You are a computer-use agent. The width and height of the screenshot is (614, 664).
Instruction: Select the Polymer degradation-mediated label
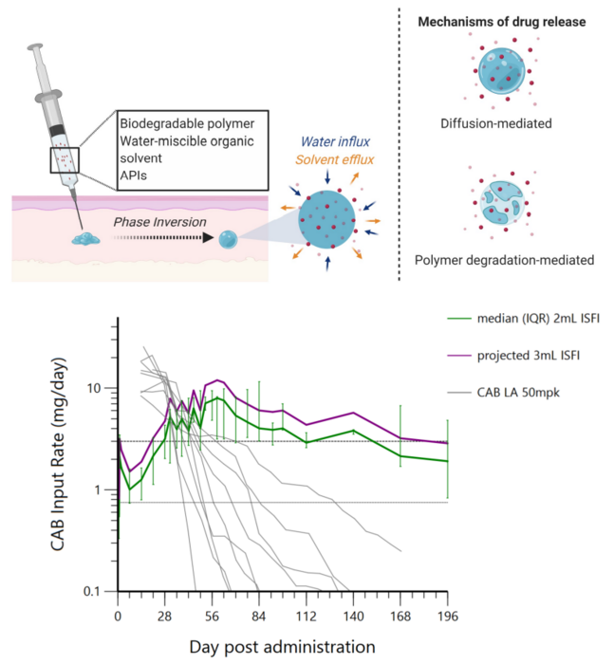[x=495, y=260]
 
